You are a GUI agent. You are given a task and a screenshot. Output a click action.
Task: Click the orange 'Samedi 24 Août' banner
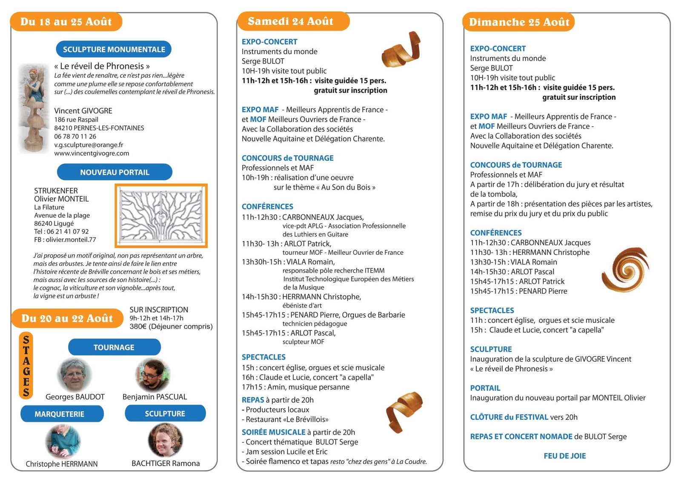point(292,21)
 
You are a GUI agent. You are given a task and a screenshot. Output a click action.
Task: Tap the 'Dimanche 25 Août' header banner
point(519,22)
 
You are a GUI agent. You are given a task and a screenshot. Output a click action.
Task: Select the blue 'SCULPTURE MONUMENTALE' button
point(114,49)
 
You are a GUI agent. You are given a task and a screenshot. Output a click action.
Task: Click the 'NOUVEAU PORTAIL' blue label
point(114,172)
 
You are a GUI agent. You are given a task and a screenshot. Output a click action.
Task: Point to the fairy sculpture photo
point(34,108)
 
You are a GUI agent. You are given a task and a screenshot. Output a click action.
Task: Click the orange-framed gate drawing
point(161,216)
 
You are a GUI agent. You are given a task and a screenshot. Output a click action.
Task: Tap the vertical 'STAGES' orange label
point(26,366)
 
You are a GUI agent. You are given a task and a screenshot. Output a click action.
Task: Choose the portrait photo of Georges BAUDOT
point(75,374)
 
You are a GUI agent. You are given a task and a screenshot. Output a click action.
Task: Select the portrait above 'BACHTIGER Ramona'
point(165,440)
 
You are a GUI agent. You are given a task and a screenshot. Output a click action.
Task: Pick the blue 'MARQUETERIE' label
point(60,414)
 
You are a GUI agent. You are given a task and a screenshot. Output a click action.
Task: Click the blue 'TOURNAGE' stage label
point(114,347)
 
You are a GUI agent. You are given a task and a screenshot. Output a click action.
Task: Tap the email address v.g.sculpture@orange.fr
point(89,145)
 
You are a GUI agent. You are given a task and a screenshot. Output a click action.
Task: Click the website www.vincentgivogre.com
point(92,153)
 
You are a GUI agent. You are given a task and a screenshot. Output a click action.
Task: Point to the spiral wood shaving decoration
point(625,270)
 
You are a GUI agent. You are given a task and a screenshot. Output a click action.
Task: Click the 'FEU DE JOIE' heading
point(564,456)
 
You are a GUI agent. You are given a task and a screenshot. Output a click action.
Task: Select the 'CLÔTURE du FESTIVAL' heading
point(509,417)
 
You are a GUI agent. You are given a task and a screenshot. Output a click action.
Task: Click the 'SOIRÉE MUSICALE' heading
point(273,432)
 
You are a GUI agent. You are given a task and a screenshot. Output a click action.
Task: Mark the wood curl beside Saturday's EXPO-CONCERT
point(401,50)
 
